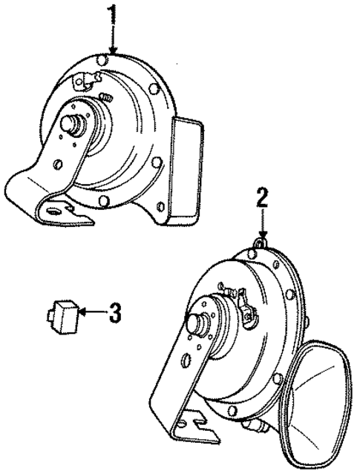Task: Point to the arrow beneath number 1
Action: click(112, 41)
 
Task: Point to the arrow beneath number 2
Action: click(261, 223)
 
